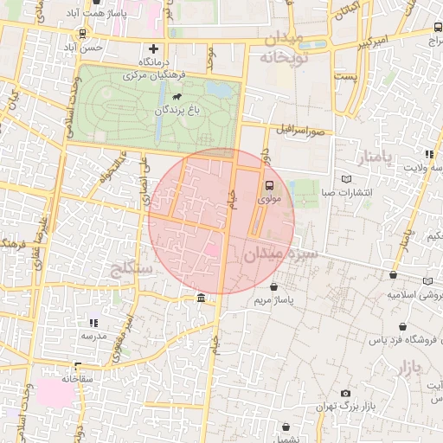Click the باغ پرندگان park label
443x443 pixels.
coord(177,112)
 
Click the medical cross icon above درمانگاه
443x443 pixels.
coord(154,48)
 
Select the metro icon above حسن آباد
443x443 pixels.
coord(81,34)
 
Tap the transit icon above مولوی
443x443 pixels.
coord(268,185)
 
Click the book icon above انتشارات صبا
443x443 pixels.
coord(346,179)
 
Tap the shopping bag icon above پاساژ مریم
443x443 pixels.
coord(274,286)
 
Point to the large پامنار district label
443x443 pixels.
coord(374,157)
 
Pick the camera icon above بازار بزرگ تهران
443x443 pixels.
coord(346,394)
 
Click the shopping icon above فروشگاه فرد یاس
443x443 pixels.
coord(402,327)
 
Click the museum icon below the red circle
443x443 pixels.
coord(201,299)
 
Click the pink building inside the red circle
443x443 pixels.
coord(211,251)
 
